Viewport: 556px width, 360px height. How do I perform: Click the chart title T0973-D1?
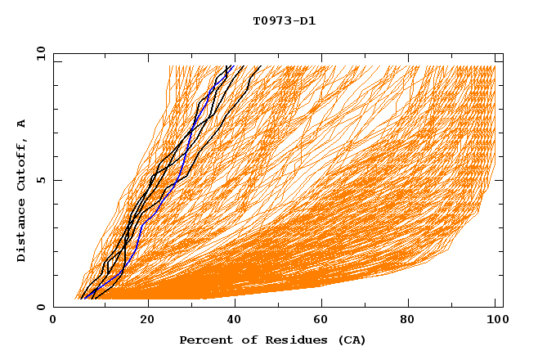(x=284, y=20)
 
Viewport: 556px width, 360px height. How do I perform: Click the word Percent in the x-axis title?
(x=204, y=340)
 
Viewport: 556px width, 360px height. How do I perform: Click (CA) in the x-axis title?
(x=352, y=340)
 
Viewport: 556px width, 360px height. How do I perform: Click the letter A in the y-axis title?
(x=22, y=124)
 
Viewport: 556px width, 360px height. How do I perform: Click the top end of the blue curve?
(x=233, y=66)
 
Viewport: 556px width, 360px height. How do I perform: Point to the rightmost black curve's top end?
(x=260, y=66)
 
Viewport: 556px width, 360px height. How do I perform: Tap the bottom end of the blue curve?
(x=89, y=298)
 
